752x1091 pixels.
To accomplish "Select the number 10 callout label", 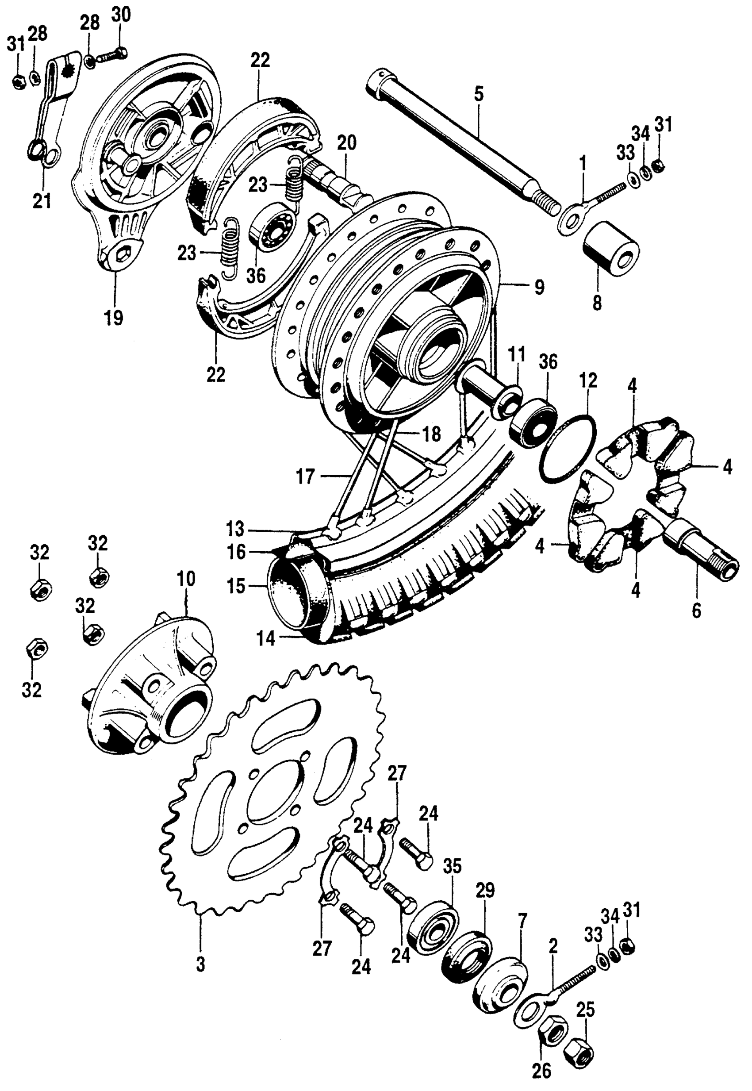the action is click(x=186, y=579).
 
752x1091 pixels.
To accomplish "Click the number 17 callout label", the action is click(x=305, y=477).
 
